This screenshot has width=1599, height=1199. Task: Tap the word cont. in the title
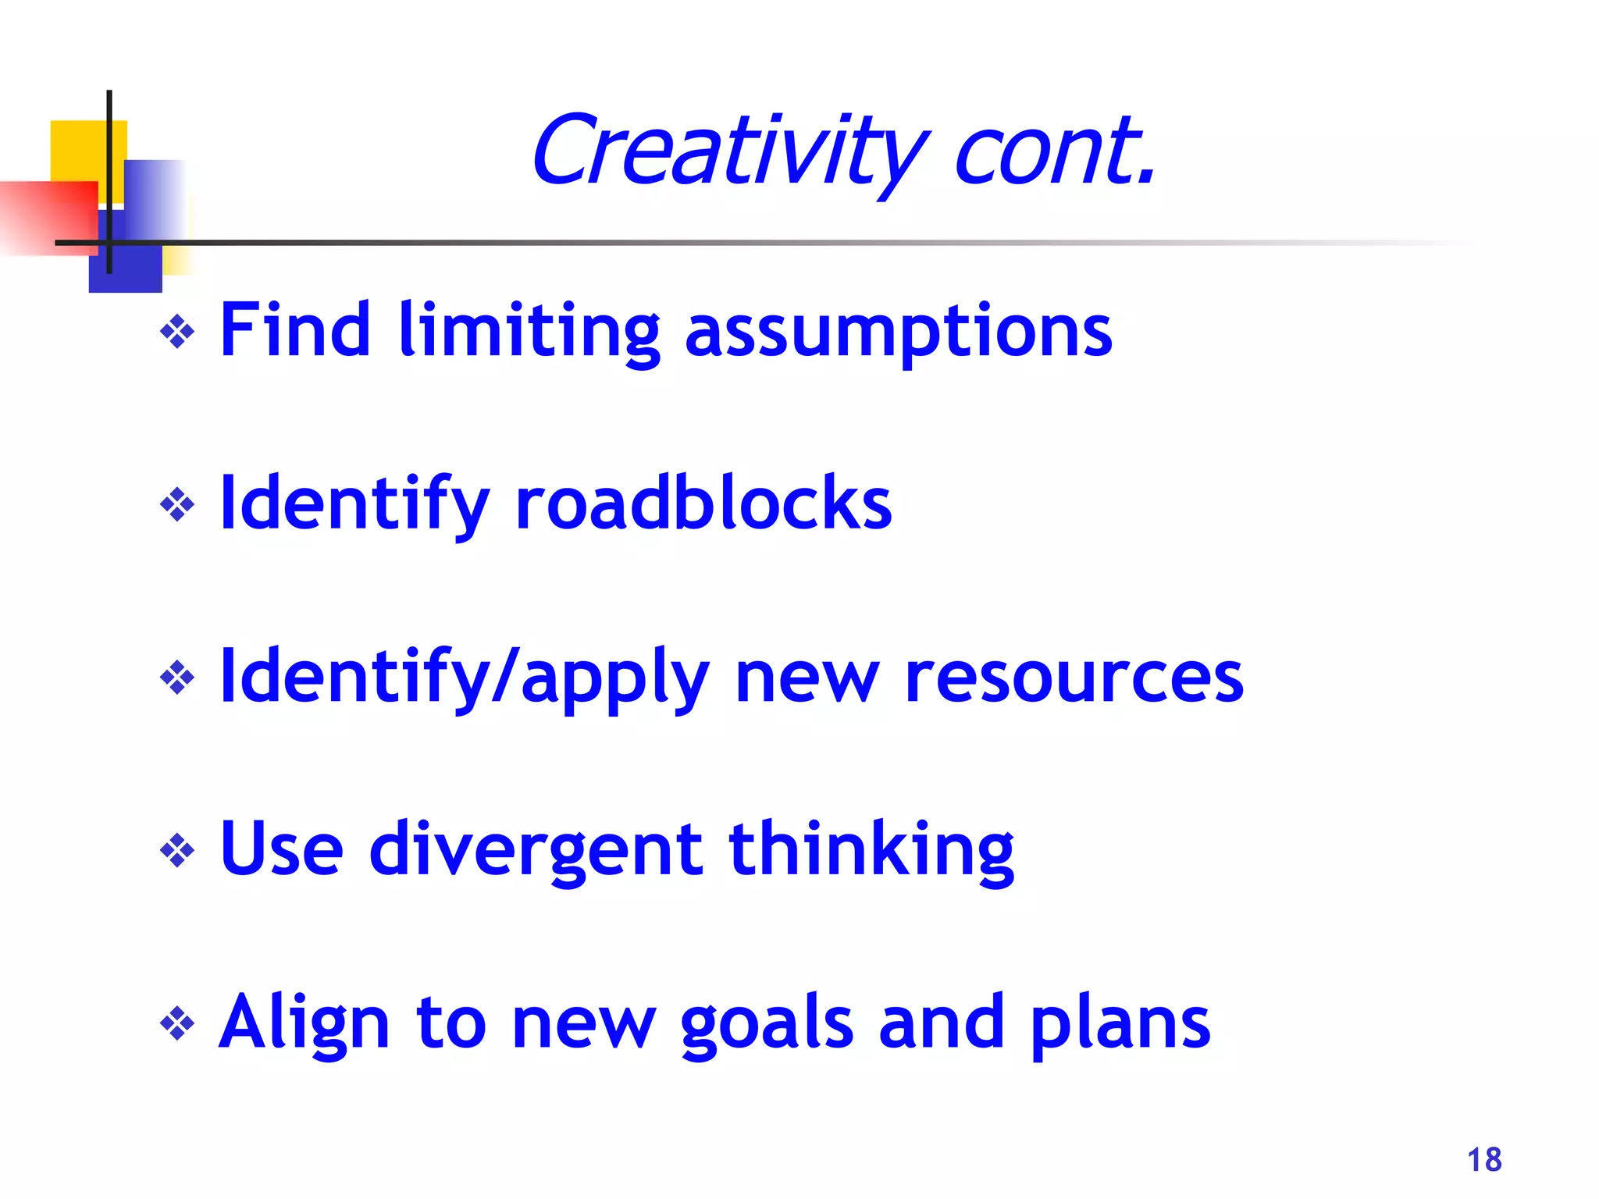pyautogui.click(x=1054, y=150)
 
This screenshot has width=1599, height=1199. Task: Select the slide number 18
pyautogui.click(x=1484, y=1160)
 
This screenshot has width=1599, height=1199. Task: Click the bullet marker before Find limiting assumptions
pyautogui.click(x=177, y=333)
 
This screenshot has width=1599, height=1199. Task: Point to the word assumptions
pyautogui.click(x=898, y=331)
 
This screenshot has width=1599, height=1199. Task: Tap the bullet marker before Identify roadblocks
pyautogui.click(x=177, y=505)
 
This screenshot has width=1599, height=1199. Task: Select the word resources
pyautogui.click(x=1074, y=678)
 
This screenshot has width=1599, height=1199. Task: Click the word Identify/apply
pyautogui.click(x=465, y=678)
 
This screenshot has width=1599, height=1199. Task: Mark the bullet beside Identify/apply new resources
pyautogui.click(x=177, y=678)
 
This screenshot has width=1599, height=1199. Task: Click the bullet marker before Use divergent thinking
pyautogui.click(x=177, y=850)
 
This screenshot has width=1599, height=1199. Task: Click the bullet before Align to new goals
pyautogui.click(x=177, y=1023)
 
